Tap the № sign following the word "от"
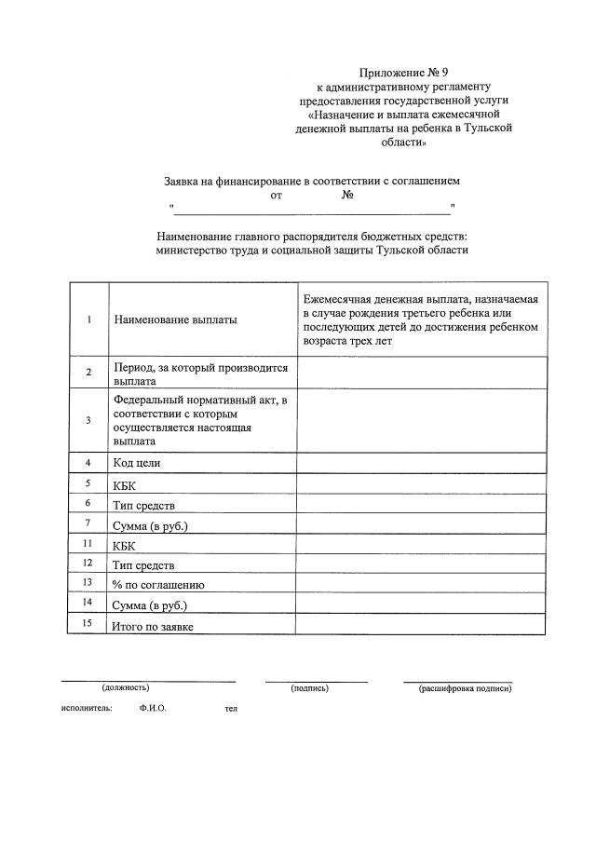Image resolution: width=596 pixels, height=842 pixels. click(346, 195)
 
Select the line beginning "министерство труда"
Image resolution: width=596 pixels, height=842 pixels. click(311, 250)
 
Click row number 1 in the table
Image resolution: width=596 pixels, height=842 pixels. click(88, 319)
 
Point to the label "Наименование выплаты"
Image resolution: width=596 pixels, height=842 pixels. click(175, 319)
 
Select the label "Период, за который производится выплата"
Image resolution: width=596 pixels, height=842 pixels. click(199, 373)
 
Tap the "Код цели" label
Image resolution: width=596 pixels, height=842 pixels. click(137, 463)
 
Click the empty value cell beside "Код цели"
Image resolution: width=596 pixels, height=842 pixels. click(421, 463)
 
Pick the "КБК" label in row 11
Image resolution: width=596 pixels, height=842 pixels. click(125, 546)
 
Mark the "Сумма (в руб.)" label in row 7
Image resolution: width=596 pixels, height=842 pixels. click(150, 525)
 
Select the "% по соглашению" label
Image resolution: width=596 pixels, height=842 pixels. click(157, 585)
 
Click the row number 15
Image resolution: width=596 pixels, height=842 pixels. click(88, 624)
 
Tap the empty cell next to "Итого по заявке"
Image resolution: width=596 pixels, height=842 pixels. click(421, 625)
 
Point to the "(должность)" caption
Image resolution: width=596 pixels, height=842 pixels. click(126, 688)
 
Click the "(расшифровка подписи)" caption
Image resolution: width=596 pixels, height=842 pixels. click(465, 688)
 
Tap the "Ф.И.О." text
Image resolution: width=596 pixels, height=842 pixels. click(153, 709)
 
